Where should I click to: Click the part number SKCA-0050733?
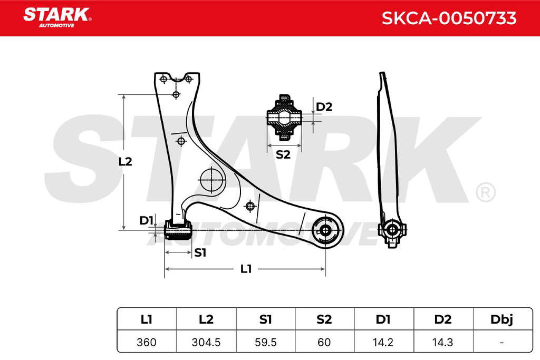pos(449,18)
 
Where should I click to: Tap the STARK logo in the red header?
pos(57,17)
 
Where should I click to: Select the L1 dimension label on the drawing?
pos(246,269)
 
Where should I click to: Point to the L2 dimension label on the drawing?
pos(125,161)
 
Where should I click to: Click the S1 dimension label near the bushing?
pos(200,252)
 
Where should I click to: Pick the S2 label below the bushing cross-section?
pos(283,154)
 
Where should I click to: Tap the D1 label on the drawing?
pos(146,220)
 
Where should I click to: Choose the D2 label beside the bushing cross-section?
pos(324,107)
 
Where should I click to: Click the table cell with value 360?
pos(147,342)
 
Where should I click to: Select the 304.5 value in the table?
pos(206,342)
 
